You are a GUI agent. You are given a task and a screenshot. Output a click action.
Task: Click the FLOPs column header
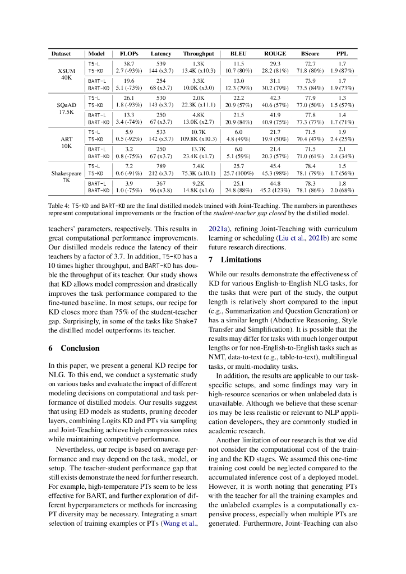[129, 54]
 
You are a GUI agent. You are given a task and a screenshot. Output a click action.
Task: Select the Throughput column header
[198, 54]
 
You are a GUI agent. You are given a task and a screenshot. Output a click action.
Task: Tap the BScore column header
[310, 54]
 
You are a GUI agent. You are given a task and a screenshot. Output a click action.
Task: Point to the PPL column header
[342, 54]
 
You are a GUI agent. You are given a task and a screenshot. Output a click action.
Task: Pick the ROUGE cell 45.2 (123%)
[275, 190]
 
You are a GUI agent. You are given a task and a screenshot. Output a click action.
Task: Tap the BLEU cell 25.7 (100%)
[239, 174]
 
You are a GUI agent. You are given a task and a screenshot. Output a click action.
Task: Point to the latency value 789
[161, 166]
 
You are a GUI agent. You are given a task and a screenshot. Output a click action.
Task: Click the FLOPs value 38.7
[129, 64]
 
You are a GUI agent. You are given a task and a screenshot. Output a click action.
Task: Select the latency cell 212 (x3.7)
[161, 174]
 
